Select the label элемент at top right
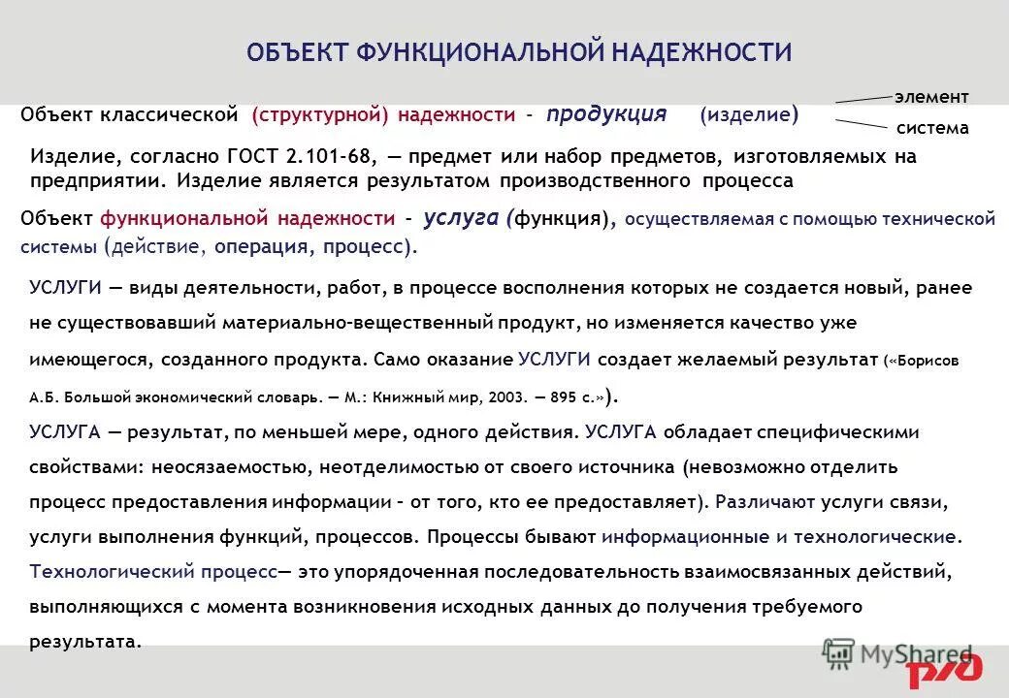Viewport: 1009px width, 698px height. click(x=931, y=97)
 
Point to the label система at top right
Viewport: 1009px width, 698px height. click(x=932, y=128)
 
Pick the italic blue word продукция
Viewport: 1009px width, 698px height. click(x=606, y=114)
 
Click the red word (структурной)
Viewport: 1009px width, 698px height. click(x=319, y=115)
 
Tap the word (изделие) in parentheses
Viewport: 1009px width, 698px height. click(x=749, y=115)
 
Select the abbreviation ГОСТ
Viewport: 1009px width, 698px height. click(x=256, y=157)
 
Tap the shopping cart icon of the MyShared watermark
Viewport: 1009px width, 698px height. click(x=837, y=654)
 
